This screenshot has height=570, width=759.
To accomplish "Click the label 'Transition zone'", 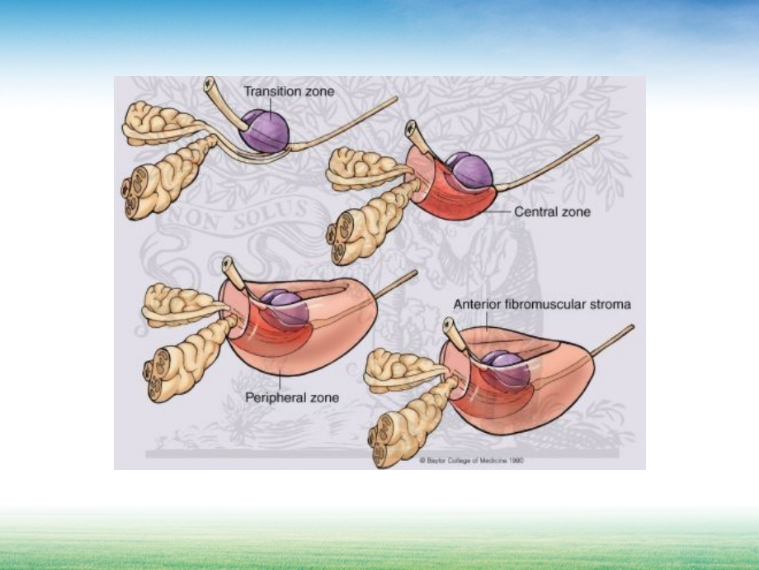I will [x=289, y=92].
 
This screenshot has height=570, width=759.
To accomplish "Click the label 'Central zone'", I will [x=552, y=211].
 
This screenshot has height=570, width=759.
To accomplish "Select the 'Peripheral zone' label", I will [x=292, y=397].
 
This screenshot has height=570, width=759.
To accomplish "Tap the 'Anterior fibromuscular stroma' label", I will [x=542, y=304].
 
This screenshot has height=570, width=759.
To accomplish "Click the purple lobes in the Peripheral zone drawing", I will [x=285, y=306].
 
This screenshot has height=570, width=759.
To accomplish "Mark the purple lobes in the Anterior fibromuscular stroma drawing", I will [x=504, y=367].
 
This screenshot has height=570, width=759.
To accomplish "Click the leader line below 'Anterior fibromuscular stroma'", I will [x=488, y=322].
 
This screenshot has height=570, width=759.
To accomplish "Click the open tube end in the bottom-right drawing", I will [x=449, y=325].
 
